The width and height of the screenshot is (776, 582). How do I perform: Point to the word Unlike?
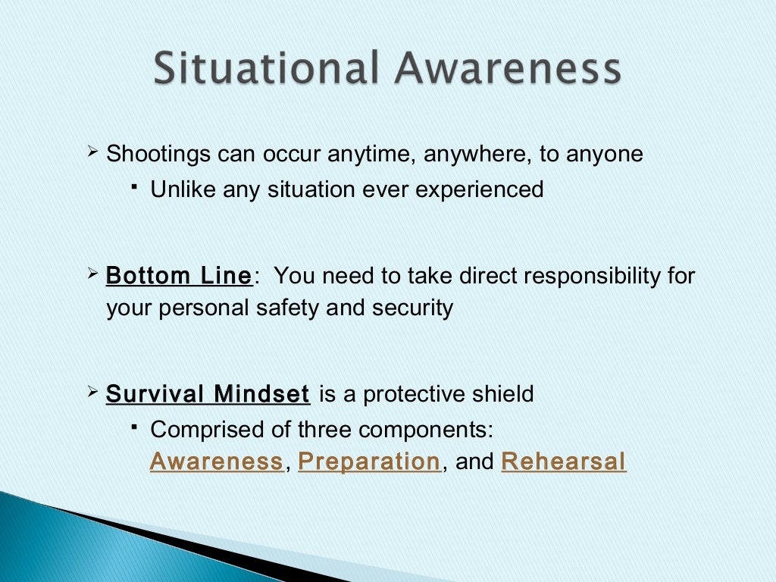pyautogui.click(x=183, y=189)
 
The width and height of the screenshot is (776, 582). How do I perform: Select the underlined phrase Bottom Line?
pyautogui.click(x=179, y=277)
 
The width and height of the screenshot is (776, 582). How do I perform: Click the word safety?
pyautogui.click(x=286, y=308)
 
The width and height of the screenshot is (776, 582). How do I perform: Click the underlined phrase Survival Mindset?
pyautogui.click(x=208, y=395)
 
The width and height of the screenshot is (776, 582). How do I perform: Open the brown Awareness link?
pyautogui.click(x=216, y=462)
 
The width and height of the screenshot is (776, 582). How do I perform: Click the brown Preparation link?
pyautogui.click(x=369, y=462)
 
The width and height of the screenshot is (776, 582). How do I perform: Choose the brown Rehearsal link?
pyautogui.click(x=564, y=462)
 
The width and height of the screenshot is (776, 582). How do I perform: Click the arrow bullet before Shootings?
pyautogui.click(x=93, y=153)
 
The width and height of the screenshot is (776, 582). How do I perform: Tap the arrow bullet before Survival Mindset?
pyautogui.click(x=93, y=393)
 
